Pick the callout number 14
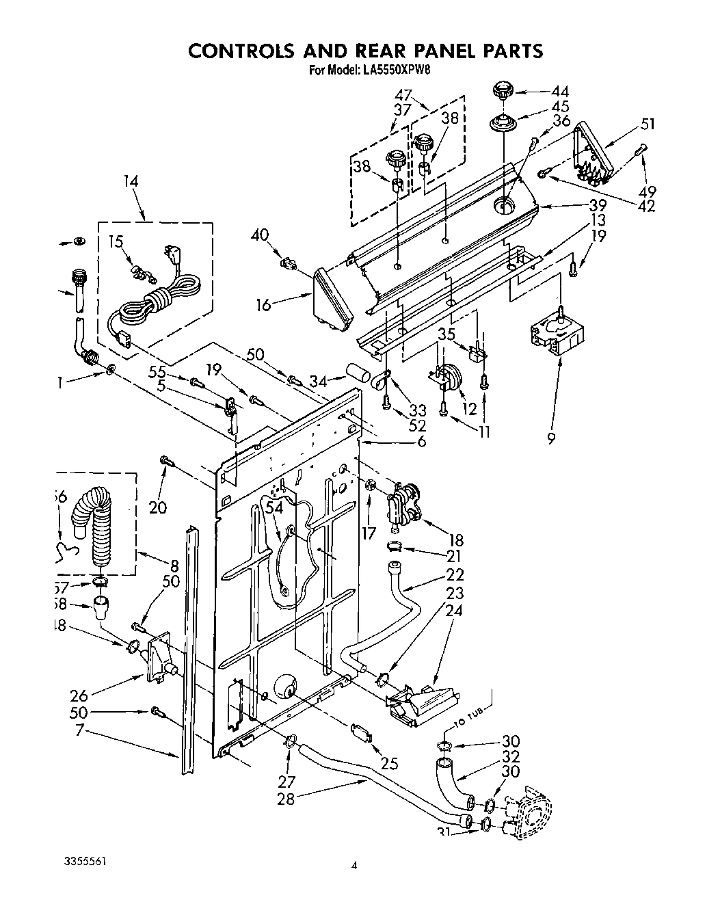[130, 181]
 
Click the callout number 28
[286, 798]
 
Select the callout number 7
[79, 731]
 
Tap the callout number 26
[79, 697]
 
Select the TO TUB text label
[468, 719]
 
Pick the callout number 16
[264, 304]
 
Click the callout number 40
[259, 236]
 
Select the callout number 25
[389, 763]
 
